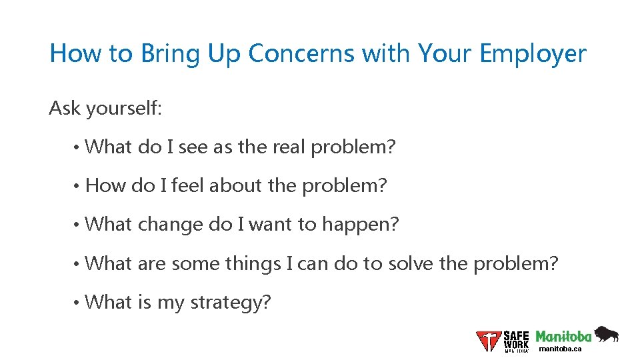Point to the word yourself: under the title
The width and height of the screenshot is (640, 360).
coord(123,108)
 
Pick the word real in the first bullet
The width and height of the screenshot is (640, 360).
coord(289,147)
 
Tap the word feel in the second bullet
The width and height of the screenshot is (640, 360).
coord(188,185)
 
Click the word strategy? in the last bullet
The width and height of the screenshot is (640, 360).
coord(231,303)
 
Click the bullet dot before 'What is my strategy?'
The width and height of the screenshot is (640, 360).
coord(78,303)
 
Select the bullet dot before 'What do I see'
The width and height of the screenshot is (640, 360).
coord(78,147)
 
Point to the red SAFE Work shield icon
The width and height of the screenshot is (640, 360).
coord(489,341)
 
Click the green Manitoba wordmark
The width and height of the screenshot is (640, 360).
coord(563,336)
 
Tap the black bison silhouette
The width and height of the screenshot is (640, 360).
coord(606,333)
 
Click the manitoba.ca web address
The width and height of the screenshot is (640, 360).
coord(560,349)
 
